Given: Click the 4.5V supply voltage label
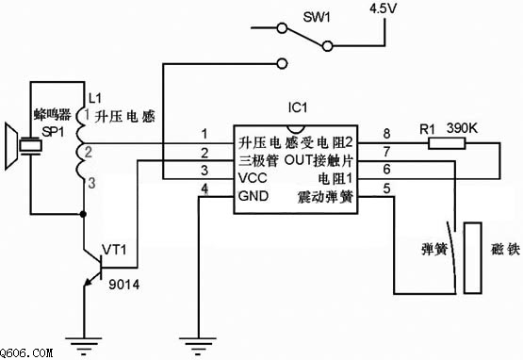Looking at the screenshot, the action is point(384,8).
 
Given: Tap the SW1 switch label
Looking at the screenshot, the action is point(317,17).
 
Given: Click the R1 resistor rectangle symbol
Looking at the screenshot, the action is point(447,144).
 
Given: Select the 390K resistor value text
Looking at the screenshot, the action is point(462,128).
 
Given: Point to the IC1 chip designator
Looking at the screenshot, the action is point(298,107).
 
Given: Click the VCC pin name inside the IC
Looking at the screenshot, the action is point(253,178).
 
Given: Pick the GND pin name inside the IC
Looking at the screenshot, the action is point(253,196).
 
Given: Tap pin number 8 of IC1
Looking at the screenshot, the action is point(386,134).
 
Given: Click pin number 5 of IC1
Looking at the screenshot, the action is point(386,188).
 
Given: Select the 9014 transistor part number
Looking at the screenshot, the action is point(124,285).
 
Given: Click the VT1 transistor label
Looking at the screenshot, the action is point(114,249).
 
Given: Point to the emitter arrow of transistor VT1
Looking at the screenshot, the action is point(88,282).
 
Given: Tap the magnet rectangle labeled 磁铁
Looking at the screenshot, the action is point(473,258).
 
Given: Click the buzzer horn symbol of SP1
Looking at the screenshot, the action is point(11,146).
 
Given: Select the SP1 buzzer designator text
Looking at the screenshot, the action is point(53,132).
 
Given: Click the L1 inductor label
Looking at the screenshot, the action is point(95,98).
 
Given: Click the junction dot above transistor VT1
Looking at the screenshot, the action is point(83,214).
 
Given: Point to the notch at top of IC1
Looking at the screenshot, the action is point(296,129).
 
